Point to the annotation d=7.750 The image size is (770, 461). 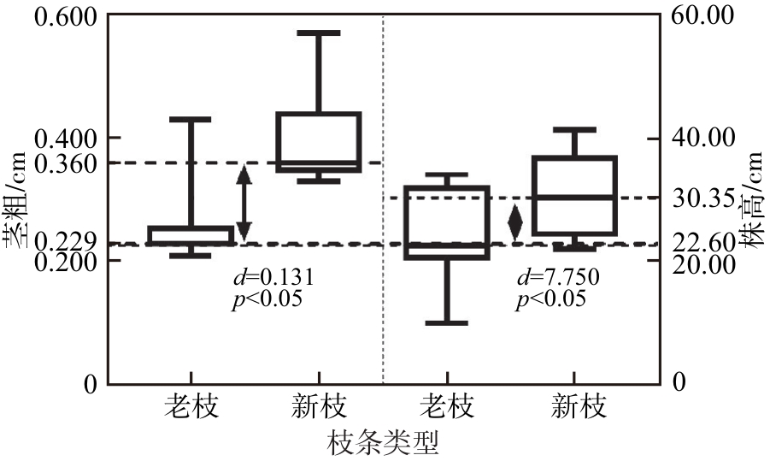558,277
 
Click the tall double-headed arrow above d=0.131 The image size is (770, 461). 244,203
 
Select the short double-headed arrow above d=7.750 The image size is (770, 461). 515,222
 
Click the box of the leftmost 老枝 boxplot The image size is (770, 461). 191,235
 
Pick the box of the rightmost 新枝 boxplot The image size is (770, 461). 573,196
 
